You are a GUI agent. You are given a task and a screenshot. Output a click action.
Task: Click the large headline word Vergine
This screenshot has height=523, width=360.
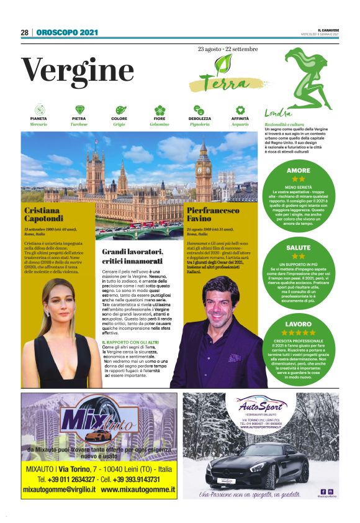coord(78,70)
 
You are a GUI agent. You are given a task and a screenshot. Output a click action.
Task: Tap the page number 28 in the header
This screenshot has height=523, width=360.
coord(25,32)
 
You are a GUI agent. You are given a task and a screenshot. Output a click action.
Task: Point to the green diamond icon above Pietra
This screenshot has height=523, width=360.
coord(79,109)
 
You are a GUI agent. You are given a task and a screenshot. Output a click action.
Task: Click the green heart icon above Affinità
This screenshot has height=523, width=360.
coord(240,109)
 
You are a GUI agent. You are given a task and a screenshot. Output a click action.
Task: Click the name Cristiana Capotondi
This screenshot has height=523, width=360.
coord(45,214)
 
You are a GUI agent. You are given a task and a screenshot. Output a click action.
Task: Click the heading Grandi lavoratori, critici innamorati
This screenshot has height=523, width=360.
coord(133,257)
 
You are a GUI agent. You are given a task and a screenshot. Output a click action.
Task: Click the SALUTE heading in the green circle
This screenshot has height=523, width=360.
coord(299,247)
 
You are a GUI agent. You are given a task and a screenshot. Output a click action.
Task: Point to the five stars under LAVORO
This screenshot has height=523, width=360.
coord(299,332)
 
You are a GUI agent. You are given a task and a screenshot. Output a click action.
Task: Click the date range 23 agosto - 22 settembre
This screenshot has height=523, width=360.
coord(228,48)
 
